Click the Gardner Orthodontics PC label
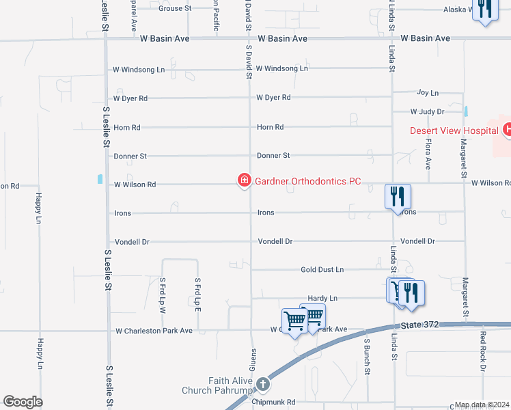coord(307,182)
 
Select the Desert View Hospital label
coord(453,131)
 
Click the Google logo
coord(23,402)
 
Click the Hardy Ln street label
coord(322,299)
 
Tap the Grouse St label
coord(175,9)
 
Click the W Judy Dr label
coord(427,111)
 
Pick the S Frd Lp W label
coord(163,294)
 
